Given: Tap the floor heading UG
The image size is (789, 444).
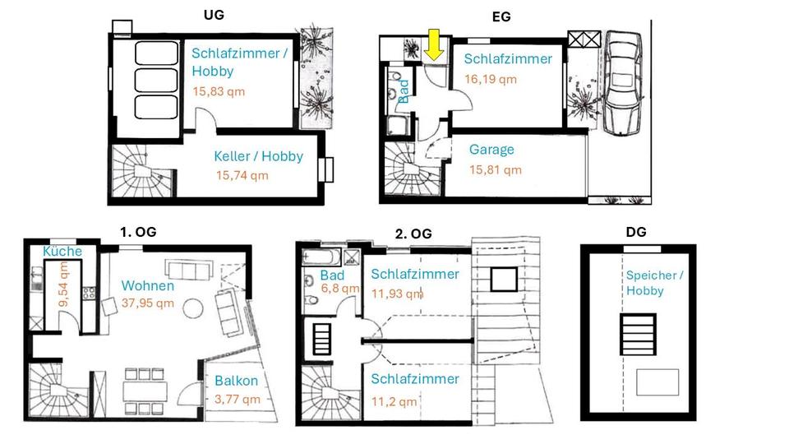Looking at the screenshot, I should coord(215,15).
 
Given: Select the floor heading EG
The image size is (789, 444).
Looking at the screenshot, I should coord(501,16).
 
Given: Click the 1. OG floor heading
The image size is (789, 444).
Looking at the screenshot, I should coord(138,232).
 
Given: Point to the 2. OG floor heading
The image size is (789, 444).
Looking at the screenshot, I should coord(413,233).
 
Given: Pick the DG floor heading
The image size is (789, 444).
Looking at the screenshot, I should coord(636,232).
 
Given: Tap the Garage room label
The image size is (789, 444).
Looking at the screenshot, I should coord(491,150).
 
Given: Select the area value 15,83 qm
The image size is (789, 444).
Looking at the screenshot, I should coord(219,92).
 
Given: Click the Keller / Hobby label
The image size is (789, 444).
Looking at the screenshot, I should coord(258,156).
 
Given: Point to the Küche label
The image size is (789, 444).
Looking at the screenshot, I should coord(62,252).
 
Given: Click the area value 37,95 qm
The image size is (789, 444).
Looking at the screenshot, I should coord(148,303).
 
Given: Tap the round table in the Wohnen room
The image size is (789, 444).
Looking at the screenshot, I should coord(192,309).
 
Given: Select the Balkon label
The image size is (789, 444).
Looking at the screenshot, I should coord(237,382).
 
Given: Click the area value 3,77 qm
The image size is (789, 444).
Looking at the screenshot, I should coord(237,400).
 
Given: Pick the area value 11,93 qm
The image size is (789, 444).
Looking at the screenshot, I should coord(397,293).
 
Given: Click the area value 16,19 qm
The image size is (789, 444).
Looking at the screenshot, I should coord(491,80).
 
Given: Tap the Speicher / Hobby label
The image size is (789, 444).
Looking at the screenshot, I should coord(654,283).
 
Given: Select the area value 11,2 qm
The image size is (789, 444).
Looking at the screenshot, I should coord(394,401).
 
